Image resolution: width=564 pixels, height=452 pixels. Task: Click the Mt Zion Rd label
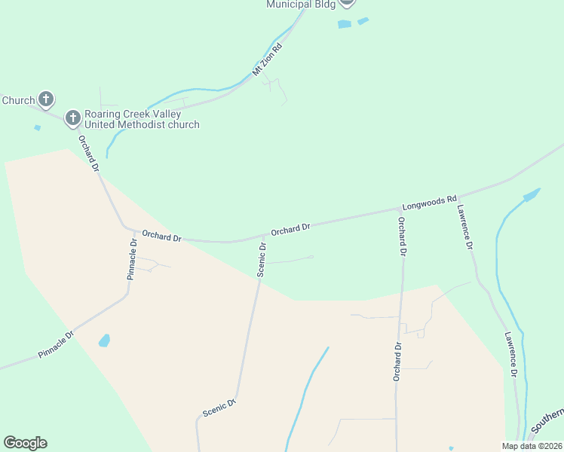(268, 60)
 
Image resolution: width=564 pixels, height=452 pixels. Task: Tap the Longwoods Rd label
(430, 202)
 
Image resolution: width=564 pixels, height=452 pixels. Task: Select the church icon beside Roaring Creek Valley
(73, 118)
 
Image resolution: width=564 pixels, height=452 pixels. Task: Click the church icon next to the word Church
(46, 99)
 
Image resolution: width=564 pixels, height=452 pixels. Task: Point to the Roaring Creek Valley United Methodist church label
(142, 119)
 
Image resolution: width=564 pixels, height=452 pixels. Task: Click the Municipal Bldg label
(300, 5)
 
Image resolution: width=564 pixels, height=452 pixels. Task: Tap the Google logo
(25, 443)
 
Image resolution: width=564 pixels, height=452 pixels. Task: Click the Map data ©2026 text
(531, 446)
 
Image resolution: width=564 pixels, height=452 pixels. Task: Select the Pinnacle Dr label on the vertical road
(132, 258)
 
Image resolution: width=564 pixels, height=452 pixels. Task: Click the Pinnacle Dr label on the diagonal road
(55, 344)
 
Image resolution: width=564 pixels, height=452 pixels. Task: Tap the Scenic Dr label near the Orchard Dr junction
(262, 259)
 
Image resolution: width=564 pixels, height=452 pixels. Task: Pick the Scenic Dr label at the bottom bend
(219, 408)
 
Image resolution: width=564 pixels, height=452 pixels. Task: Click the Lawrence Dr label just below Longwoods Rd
(464, 227)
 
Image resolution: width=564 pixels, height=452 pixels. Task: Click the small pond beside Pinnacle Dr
(104, 341)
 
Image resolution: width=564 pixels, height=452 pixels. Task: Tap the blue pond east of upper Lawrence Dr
(531, 195)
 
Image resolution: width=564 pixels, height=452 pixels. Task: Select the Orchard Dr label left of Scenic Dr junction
(161, 237)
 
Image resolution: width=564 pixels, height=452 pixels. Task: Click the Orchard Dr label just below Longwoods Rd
(402, 237)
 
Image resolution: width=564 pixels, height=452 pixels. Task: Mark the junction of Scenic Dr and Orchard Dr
(263, 236)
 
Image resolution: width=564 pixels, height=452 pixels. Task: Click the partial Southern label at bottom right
(548, 421)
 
